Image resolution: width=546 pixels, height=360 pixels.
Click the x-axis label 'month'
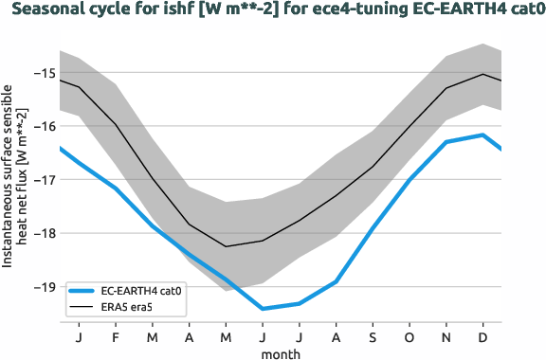point(281,352)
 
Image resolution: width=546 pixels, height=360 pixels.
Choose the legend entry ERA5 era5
point(123,308)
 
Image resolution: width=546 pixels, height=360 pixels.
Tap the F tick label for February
point(116,336)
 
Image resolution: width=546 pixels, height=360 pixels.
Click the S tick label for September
point(373,336)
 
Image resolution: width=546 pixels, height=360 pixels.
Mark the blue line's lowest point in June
point(263,309)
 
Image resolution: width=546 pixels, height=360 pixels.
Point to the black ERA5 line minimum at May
point(226,246)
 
